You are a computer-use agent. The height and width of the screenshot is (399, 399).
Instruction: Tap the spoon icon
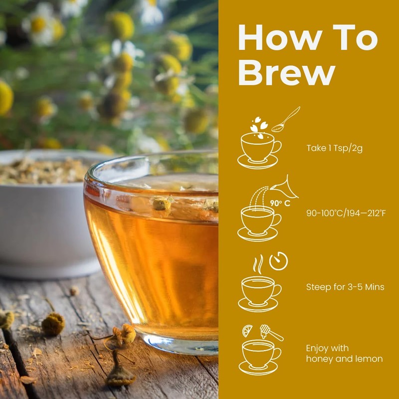[x=286, y=120]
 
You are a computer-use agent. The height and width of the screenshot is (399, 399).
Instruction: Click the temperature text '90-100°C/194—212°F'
[x=346, y=213]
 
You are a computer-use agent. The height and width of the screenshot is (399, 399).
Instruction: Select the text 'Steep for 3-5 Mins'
[x=345, y=287]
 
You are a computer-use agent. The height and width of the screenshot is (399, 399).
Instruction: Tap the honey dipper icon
[x=270, y=332]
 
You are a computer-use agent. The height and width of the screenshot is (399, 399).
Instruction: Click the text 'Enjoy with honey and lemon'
[x=344, y=353]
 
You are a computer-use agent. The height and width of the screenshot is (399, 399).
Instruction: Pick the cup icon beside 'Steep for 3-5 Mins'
[x=258, y=292]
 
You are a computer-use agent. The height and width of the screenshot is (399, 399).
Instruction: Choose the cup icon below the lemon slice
[x=258, y=355]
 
